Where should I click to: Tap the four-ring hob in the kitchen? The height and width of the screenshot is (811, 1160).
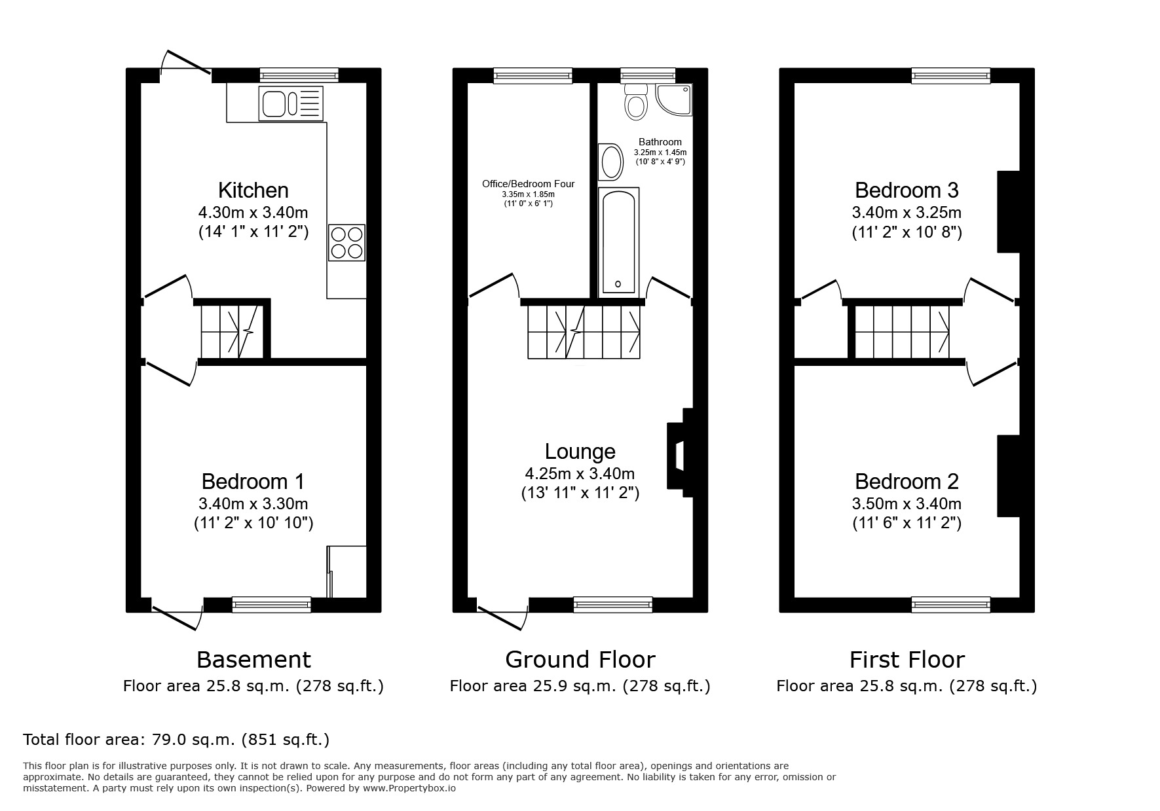(x=346, y=242)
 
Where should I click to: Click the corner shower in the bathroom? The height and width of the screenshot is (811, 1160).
(x=675, y=99)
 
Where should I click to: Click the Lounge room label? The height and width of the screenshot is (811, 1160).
(x=580, y=452)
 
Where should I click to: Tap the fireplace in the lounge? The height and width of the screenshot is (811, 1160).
(x=679, y=456)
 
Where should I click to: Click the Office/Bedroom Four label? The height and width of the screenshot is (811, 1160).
(x=528, y=184)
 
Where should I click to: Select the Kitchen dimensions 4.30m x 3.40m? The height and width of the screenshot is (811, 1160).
(x=253, y=212)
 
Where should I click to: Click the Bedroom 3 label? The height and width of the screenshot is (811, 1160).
(x=907, y=190)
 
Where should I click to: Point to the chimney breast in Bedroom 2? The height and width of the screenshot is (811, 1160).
(x=1008, y=476)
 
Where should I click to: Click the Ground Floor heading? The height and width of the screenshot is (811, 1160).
(x=580, y=659)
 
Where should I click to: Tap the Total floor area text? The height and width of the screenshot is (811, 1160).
(x=176, y=740)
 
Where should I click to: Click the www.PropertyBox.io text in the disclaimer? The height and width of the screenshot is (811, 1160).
(x=409, y=789)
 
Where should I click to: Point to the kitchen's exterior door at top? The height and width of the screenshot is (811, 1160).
(x=186, y=62)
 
